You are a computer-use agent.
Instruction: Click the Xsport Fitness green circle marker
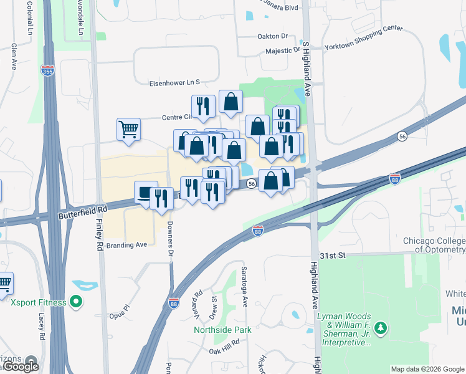[77, 303]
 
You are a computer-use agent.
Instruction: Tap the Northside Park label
[222, 330]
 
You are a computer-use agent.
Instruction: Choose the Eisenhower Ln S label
[174, 82]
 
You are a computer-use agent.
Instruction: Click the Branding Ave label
[126, 245]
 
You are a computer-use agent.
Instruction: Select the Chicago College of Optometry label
[434, 246]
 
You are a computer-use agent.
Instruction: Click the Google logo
[22, 367]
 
